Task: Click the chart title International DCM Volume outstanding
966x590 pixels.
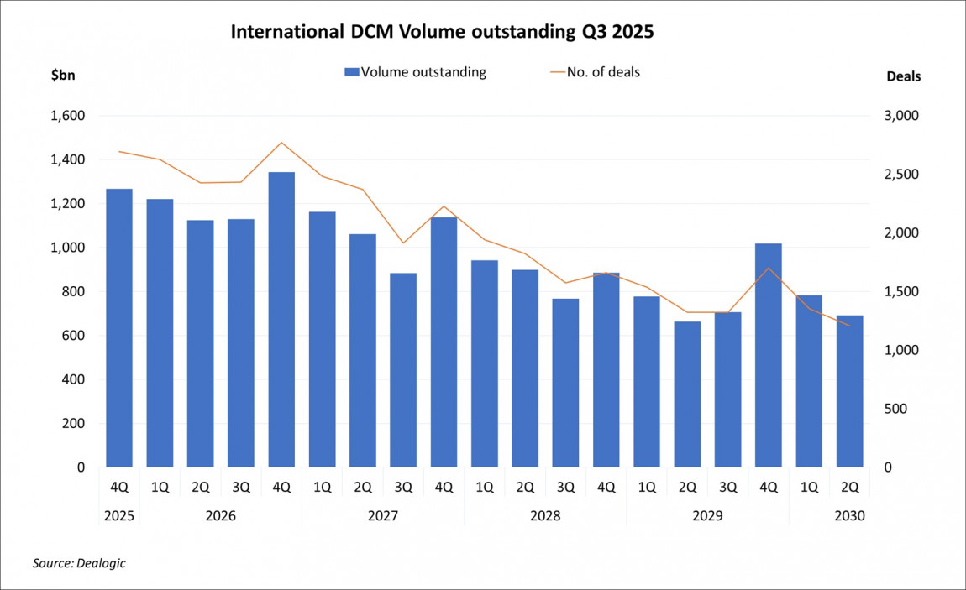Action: tap(442, 33)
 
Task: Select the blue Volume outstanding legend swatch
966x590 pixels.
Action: tap(352, 72)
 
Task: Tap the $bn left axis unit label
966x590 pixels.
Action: tap(63, 76)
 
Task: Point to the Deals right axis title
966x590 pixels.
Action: tap(903, 76)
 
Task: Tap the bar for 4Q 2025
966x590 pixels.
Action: tap(119, 327)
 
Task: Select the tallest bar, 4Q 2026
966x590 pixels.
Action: tap(281, 319)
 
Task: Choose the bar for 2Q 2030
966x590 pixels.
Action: tap(849, 391)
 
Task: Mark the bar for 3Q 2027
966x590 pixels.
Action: tap(403, 369)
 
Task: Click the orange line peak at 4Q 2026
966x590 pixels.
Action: tap(281, 143)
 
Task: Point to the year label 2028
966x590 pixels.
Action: tap(544, 515)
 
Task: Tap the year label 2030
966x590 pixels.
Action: tap(849, 515)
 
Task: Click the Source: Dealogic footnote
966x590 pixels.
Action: tap(79, 563)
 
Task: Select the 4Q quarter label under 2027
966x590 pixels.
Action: tap(444, 487)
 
